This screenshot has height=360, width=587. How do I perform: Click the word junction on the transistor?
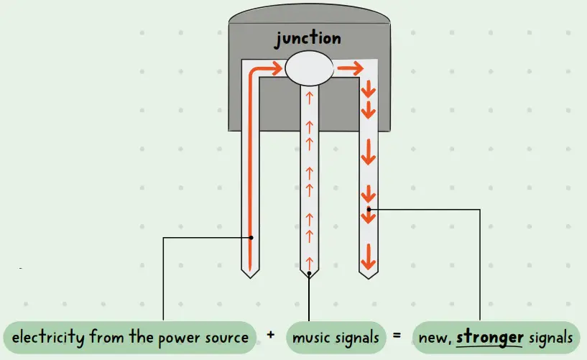pyautogui.click(x=308, y=40)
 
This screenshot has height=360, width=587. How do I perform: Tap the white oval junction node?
pyautogui.click(x=309, y=69)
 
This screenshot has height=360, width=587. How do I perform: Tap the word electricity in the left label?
pyautogui.click(x=47, y=337)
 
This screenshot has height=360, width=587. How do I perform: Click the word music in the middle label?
pyautogui.click(x=313, y=337)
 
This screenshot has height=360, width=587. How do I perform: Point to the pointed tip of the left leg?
pyautogui.click(x=250, y=277)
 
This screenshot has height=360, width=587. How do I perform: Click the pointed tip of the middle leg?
pyautogui.click(x=309, y=277)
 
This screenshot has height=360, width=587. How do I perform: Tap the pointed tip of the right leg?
pyautogui.click(x=368, y=277)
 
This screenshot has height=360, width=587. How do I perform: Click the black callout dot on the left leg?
pyautogui.click(x=251, y=237)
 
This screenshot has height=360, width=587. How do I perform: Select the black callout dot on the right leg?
pyautogui.click(x=369, y=209)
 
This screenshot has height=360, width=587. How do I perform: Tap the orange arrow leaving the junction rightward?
pyautogui.click(x=349, y=69)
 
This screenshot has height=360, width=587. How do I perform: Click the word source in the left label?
pyautogui.click(x=226, y=337)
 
